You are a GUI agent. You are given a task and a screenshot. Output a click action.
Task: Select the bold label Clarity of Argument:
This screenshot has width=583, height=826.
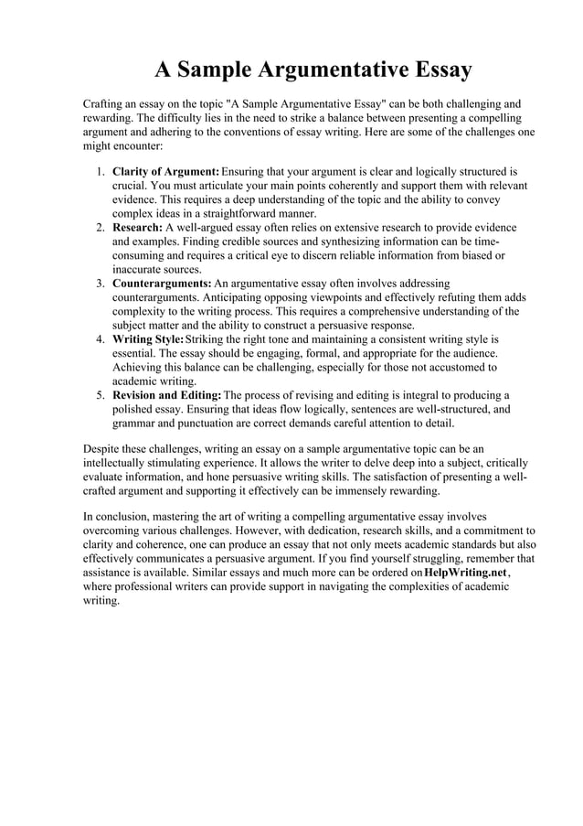pos(165,171)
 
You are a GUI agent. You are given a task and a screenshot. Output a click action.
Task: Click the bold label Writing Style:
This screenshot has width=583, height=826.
pos(147,339)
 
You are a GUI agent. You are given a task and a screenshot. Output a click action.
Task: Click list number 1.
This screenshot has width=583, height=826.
pos(100,171)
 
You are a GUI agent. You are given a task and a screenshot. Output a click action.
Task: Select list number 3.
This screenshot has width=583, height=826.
pos(100,284)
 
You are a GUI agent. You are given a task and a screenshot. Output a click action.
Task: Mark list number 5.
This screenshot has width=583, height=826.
pos(100,395)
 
